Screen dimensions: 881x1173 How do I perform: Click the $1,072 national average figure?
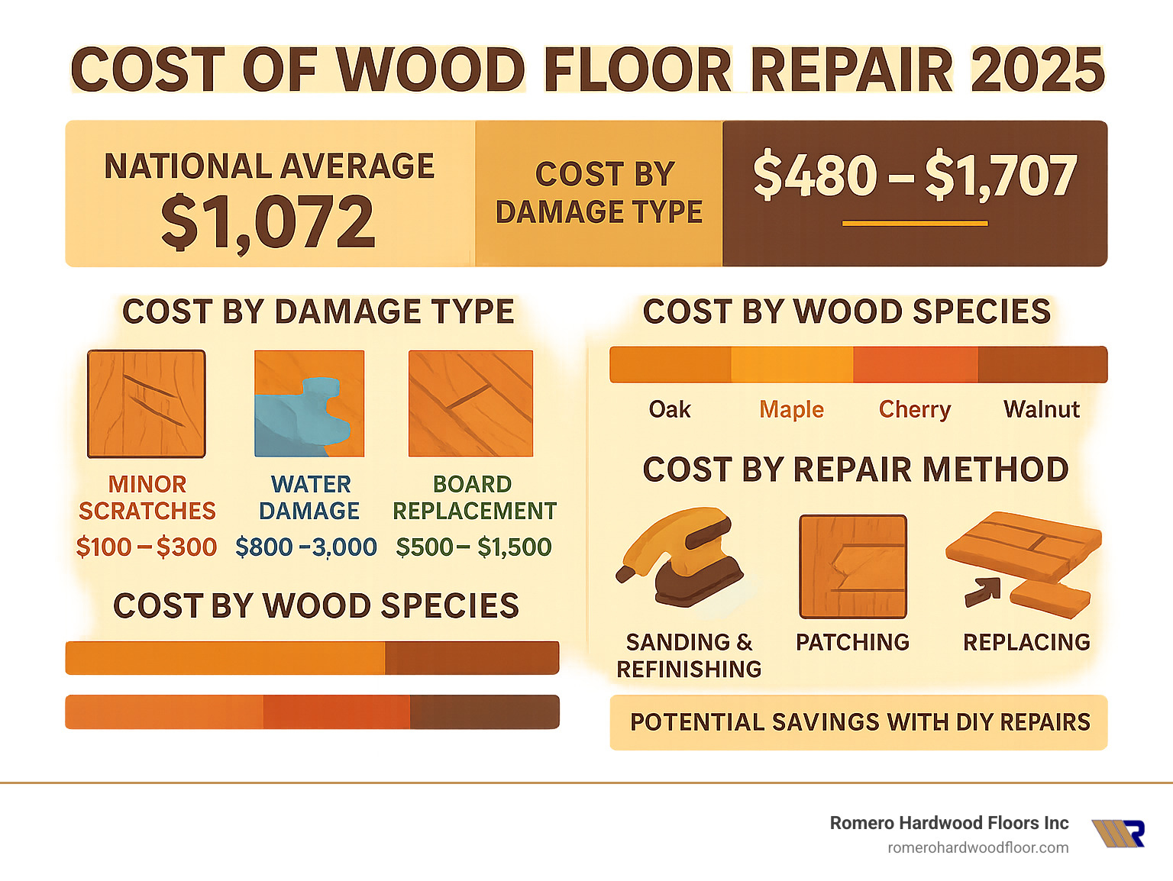268,222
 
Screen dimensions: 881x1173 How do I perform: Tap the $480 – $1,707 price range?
914,176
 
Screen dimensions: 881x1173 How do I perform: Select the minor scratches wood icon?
147,404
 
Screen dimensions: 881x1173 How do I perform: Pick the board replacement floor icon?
470,404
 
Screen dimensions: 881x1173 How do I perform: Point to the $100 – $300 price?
147,547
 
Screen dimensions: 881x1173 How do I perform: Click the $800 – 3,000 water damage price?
306,547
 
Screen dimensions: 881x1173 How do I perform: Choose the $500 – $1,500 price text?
473,547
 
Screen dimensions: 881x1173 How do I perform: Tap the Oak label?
670,410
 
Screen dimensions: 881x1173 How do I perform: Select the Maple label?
791,410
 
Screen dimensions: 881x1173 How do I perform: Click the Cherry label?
914,410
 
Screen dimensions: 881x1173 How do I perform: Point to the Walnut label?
1042,410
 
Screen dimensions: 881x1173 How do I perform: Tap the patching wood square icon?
852,566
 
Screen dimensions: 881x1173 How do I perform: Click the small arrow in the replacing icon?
982,591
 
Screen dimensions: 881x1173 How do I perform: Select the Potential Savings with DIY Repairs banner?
858,722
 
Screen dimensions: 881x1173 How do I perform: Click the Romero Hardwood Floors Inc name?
948,823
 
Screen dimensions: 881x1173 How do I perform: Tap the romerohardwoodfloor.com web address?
977,848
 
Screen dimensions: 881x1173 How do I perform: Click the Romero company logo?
1118,834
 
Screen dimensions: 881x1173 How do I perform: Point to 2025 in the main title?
1037,70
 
